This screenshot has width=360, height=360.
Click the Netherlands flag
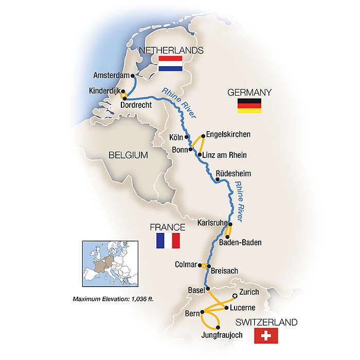tap(171, 64)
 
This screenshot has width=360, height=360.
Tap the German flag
tap(249, 105)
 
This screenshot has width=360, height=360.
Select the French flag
tap(168, 241)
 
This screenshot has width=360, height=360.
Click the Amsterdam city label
tap(111, 76)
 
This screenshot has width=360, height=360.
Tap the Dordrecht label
tap(136, 105)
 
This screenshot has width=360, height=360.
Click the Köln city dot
tap(187, 137)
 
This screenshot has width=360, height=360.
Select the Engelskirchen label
tap(228, 134)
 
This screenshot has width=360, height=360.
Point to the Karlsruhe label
tap(212, 223)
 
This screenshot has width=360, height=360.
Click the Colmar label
tap(186, 265)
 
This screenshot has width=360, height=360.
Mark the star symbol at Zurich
tap(235, 296)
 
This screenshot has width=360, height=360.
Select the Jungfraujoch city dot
tap(218, 328)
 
